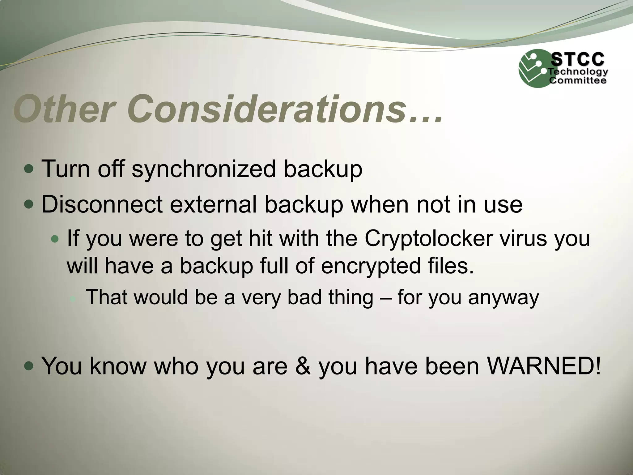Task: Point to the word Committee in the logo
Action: (x=577, y=81)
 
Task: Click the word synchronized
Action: (x=203, y=169)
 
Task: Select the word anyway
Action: (x=504, y=298)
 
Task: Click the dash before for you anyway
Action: (x=385, y=297)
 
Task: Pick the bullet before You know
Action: (x=30, y=366)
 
